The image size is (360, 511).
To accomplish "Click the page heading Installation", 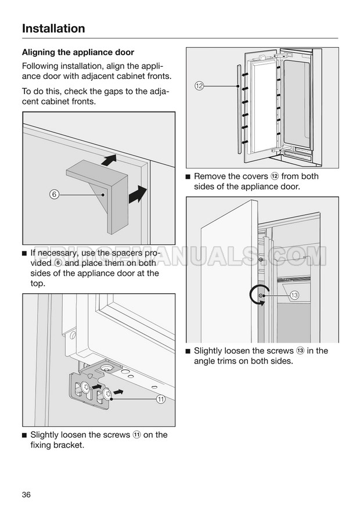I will tap(53, 28).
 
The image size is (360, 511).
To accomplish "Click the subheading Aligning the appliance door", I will tap(78, 52).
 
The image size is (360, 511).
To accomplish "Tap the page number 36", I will tap(26, 494).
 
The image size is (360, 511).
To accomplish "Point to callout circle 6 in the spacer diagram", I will tap(53, 195).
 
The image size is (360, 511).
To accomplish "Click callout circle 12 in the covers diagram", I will tap(199, 86).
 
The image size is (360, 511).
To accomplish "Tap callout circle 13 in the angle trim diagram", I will tap(294, 296).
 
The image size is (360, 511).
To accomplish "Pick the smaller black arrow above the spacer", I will tap(108, 160).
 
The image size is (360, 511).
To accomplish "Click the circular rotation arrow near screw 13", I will tap(256, 296).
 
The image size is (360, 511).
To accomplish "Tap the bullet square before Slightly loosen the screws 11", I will tap(24, 436).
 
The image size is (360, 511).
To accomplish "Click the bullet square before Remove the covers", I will tap(188, 177).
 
